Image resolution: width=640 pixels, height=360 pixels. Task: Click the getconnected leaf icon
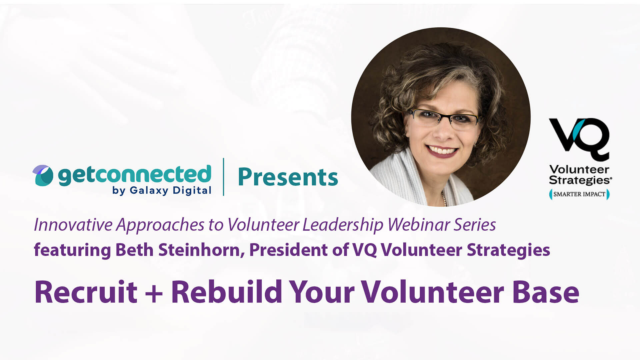pyautogui.click(x=43, y=175)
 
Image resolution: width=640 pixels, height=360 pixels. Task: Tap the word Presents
pyautogui.click(x=288, y=177)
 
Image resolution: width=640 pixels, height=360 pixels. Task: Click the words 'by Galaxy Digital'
pyautogui.click(x=162, y=190)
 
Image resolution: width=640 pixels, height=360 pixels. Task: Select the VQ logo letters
pyautogui.click(x=579, y=138)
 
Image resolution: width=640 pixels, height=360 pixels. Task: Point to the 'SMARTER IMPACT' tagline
pyautogui.click(x=579, y=194)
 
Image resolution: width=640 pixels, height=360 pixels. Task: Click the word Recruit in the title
pyautogui.click(x=86, y=292)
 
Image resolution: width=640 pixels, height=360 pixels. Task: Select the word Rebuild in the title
pyautogui.click(x=227, y=292)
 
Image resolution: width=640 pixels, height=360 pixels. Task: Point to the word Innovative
pyautogui.click(x=73, y=225)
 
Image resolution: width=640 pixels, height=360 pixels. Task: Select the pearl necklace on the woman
pyautogui.click(x=444, y=199)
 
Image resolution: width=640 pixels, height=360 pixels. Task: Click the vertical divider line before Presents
pyautogui.click(x=223, y=177)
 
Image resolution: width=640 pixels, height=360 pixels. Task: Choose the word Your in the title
pyautogui.click(x=322, y=292)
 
